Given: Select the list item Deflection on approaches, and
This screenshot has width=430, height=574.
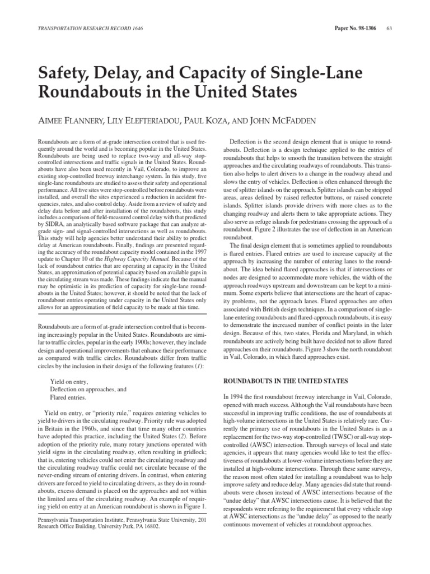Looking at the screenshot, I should point(88,388).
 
